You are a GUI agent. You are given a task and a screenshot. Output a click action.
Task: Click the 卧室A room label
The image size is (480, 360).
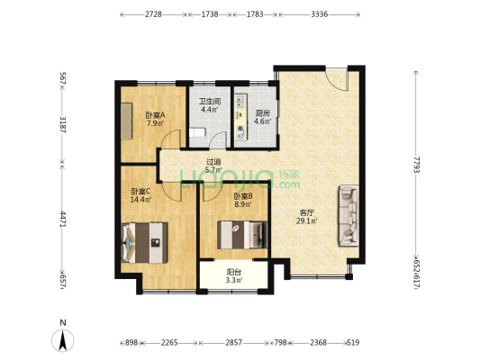(x=155, y=115)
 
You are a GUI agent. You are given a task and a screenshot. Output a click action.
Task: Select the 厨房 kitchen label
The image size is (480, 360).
(x=263, y=113)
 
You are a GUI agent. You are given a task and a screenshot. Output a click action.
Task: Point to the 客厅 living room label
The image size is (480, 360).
(x=306, y=212)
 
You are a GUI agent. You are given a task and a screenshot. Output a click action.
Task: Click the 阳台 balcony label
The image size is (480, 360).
(x=234, y=271)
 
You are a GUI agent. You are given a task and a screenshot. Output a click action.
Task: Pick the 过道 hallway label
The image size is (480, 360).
(x=213, y=161)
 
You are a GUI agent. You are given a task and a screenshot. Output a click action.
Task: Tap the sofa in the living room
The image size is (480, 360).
(x=349, y=215)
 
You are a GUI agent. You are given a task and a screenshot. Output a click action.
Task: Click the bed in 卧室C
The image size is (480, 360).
(x=144, y=243)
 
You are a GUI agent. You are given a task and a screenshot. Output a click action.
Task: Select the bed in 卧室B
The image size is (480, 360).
(x=242, y=235)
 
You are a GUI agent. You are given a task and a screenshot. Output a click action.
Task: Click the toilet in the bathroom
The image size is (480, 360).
(x=197, y=132)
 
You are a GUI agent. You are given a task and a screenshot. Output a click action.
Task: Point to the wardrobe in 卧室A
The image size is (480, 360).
(x=126, y=121)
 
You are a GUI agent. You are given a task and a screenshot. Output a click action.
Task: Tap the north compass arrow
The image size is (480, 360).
(x=63, y=341)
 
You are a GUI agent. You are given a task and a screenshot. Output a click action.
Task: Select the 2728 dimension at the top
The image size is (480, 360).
(x=153, y=14)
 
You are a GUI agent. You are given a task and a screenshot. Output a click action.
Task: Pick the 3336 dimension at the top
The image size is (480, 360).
(x=320, y=14)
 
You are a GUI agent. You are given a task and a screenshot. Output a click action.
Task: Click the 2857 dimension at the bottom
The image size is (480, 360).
(x=234, y=343)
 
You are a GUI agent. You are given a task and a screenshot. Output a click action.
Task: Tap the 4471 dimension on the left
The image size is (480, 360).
(x=63, y=219)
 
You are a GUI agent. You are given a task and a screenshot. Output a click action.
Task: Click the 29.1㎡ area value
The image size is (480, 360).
(x=307, y=220)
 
